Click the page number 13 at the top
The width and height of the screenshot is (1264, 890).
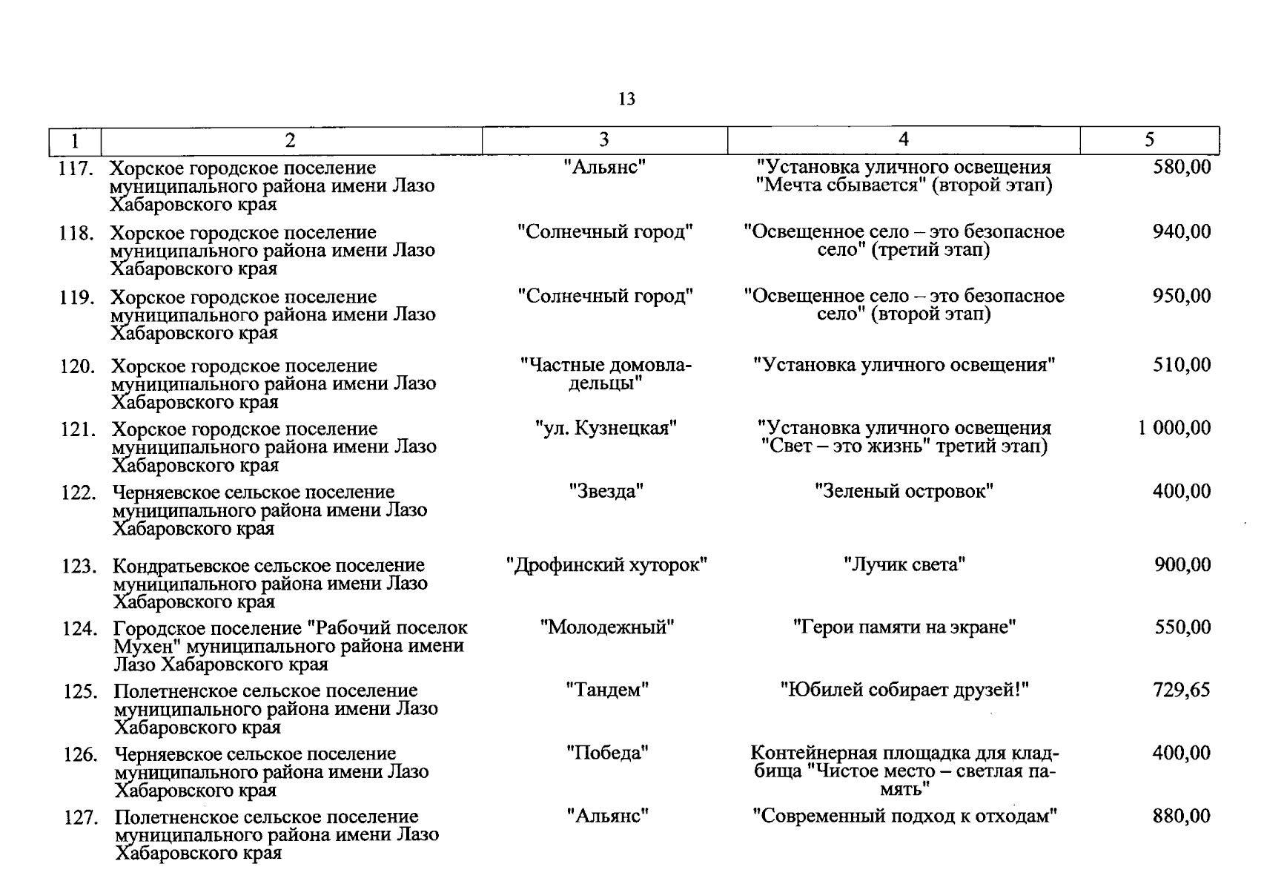tap(626, 99)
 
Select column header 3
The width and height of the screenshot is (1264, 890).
tap(604, 140)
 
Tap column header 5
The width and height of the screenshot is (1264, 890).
tap(1149, 140)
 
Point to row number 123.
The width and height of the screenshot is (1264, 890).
tap(79, 567)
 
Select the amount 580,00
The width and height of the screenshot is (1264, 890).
tap(1182, 168)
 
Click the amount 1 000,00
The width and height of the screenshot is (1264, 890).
tap(1174, 428)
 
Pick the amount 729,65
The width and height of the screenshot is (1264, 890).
tap(1182, 690)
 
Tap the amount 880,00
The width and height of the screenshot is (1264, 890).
tap(1182, 817)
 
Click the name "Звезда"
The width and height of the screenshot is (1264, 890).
tap(606, 491)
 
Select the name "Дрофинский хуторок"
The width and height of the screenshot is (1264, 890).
tap(606, 565)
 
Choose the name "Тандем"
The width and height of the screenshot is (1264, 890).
tap(607, 690)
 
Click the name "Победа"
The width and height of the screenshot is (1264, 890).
tap(607, 754)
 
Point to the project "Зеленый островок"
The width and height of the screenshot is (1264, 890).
tap(904, 491)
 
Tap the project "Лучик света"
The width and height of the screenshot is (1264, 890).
tap(904, 565)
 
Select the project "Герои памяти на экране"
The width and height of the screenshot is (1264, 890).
tap(904, 627)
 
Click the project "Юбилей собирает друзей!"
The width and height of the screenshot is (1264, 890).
tap(904, 690)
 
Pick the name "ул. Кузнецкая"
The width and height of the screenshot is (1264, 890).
tap(606, 428)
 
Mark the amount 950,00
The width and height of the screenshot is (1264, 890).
tap(1182, 297)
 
